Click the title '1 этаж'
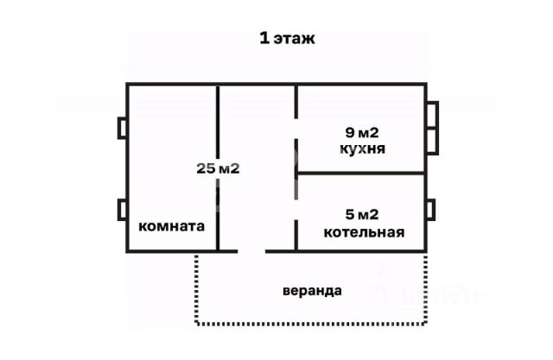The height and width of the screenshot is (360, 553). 289,38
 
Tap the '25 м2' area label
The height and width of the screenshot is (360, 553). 218,168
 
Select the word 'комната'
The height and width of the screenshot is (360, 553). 172,226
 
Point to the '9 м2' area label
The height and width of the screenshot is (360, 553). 363,133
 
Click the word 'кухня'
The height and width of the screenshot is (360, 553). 363,148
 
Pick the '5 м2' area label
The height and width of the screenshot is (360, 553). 363,215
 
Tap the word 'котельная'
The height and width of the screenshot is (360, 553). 364,231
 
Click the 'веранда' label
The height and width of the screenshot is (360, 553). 312,290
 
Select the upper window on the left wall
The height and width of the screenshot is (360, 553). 123,128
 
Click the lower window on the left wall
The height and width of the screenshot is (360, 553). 123,210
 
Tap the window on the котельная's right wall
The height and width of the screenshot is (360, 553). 431,210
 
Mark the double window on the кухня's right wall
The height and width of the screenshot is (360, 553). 432,128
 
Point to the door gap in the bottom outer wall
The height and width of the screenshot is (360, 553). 251,251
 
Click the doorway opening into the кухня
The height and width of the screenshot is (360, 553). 296,129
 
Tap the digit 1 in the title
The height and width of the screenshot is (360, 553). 264,38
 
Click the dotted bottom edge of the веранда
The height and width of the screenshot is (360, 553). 311,324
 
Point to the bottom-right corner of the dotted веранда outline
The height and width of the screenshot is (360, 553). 426,324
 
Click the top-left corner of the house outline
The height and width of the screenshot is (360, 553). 128,85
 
